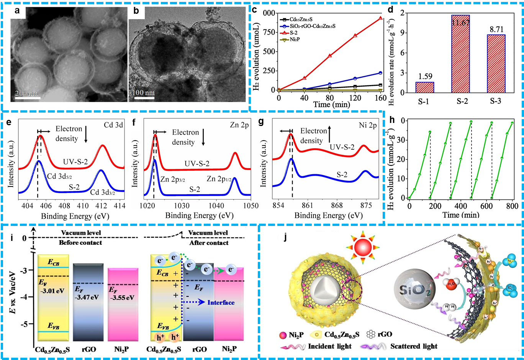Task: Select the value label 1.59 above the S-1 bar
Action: pyautogui.click(x=425, y=77)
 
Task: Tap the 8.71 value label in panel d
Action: pyautogui.click(x=496, y=29)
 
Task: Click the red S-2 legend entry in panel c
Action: pyautogui.click(x=293, y=33)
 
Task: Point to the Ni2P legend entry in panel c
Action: pyautogui.click(x=295, y=39)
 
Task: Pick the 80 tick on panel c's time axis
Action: pyautogui.click(x=329, y=98)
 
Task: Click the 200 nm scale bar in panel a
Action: pyautogui.click(x=28, y=98)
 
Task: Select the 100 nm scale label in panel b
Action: pyautogui.click(x=144, y=93)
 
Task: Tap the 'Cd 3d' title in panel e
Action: pyautogui.click(x=113, y=125)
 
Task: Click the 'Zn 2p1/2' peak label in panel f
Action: pyautogui.click(x=219, y=179)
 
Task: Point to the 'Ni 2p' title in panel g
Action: pyautogui.click(x=368, y=125)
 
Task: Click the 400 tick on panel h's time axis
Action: pyautogui.click(x=461, y=206)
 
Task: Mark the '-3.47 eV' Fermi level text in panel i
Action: pyautogui.click(x=87, y=297)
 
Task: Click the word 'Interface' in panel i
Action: pyautogui.click(x=221, y=303)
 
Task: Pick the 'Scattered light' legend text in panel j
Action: pyautogui.click(x=414, y=346)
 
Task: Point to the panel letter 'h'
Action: pyautogui.click(x=392, y=120)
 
